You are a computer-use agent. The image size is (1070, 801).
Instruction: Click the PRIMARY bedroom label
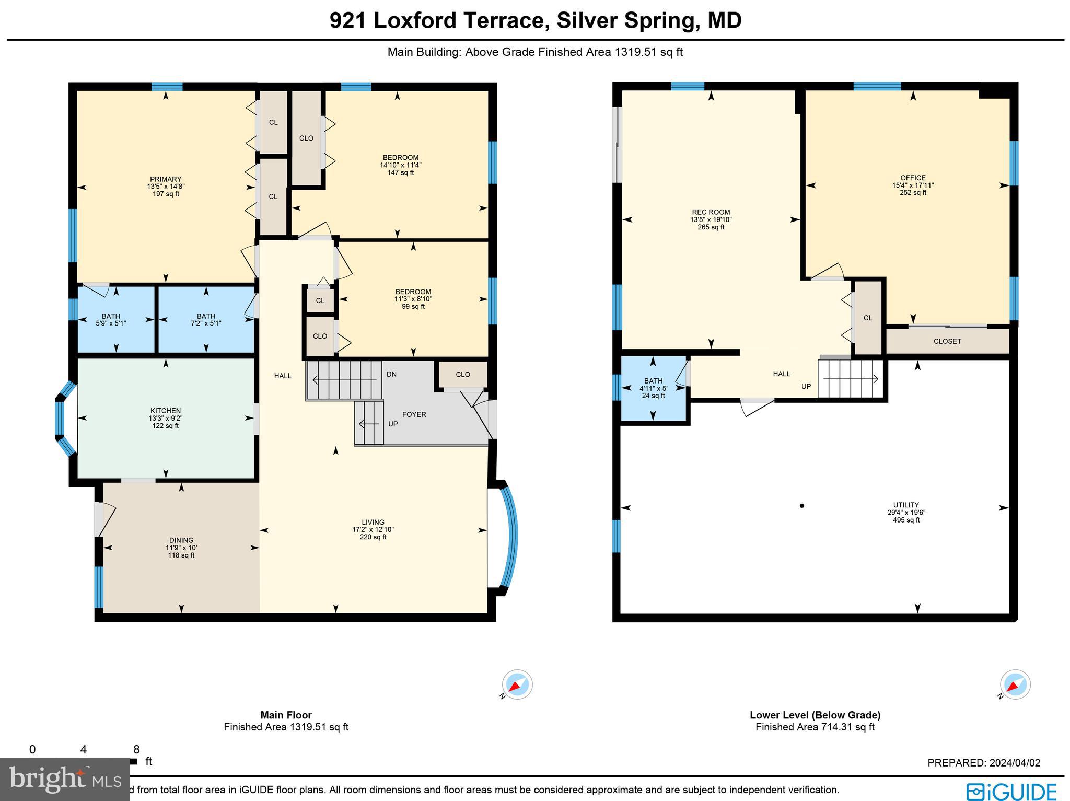point(166,186)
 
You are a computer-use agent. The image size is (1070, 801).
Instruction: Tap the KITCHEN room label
point(166,418)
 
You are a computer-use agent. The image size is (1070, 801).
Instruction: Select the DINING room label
point(181,547)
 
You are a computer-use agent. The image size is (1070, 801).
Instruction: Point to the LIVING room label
point(373,529)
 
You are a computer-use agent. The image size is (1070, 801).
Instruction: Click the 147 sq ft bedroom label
point(400,165)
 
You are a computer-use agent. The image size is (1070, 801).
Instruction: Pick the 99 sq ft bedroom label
point(413,299)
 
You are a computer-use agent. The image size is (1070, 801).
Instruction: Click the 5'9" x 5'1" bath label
point(111,319)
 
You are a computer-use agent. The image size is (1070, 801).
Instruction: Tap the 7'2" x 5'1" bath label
point(206,319)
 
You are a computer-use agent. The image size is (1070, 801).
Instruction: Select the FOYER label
point(414,414)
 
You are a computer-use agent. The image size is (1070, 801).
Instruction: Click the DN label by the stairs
point(392,374)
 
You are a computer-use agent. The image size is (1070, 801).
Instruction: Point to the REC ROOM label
point(711,219)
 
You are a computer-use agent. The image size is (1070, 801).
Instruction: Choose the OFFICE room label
point(913,185)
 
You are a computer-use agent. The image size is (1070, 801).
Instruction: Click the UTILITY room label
point(906,512)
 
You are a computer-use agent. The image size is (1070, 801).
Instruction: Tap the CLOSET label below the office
point(947,341)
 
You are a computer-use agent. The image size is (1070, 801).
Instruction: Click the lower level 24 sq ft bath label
point(653,388)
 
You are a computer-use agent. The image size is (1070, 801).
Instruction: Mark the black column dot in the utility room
point(802,505)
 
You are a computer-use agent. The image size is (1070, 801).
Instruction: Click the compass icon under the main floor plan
point(517,684)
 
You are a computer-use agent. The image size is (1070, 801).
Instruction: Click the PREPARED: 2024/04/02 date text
point(984,762)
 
